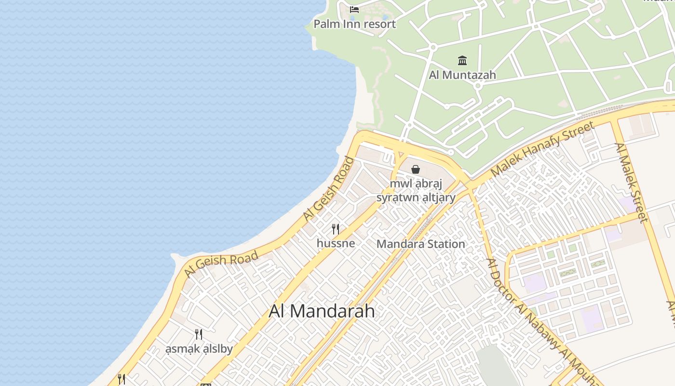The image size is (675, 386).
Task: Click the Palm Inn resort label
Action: (x=354, y=24)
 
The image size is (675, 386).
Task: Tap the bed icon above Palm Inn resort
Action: (x=354, y=9)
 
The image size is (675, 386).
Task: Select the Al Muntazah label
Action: (x=462, y=75)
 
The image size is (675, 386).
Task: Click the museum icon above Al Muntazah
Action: (x=462, y=60)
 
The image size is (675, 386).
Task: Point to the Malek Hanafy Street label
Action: (x=542, y=149)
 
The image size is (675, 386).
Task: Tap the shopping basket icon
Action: (x=415, y=169)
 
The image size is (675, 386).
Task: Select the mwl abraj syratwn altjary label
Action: (x=416, y=191)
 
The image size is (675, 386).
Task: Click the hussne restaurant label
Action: (x=336, y=243)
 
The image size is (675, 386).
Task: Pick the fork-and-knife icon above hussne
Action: (x=336, y=229)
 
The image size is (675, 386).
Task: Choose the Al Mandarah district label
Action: (x=322, y=311)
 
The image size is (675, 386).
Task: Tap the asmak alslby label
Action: (x=199, y=349)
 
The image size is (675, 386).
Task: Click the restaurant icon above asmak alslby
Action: (x=198, y=334)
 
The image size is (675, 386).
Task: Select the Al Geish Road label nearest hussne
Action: (x=329, y=189)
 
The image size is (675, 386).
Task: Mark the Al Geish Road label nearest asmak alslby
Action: (x=221, y=265)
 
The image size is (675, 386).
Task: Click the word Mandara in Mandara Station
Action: (x=398, y=244)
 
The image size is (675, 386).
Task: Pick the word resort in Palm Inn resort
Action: (x=379, y=24)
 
